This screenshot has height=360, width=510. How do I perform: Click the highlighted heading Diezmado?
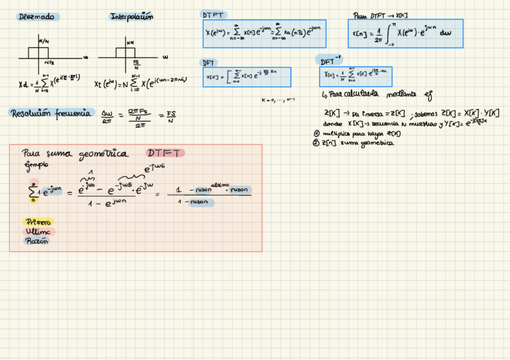(36, 17)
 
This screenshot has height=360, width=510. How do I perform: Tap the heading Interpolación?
(131, 17)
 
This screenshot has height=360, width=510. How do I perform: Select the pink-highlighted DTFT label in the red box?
(165, 153)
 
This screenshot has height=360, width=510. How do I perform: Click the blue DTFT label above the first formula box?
(213, 14)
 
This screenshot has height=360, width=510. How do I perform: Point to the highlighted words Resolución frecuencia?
(51, 112)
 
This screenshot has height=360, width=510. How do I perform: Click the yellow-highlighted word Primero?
(39, 222)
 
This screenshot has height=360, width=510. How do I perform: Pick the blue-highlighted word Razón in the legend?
(37, 241)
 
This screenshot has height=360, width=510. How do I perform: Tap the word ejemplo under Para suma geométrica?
(35, 164)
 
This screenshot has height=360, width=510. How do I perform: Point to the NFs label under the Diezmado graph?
(50, 63)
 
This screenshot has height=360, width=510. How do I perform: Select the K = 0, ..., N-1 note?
(278, 100)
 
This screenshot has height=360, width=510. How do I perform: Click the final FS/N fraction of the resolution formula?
(171, 117)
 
